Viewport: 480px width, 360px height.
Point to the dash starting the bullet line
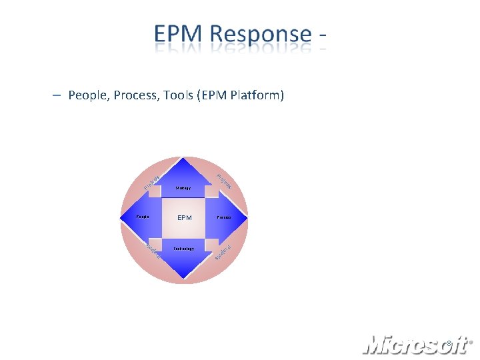point(58,95)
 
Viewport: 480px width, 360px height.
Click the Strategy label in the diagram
point(183,188)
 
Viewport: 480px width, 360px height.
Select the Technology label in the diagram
point(183,249)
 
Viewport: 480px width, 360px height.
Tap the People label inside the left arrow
point(143,217)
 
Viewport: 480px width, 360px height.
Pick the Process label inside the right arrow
point(224,218)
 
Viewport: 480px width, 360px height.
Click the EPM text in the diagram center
point(184,218)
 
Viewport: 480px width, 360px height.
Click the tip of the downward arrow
point(184,277)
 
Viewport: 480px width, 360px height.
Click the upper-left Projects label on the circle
point(151,181)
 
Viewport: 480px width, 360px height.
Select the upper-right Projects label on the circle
point(223,180)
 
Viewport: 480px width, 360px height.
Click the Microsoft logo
point(413,344)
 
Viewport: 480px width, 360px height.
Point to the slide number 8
point(449,344)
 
